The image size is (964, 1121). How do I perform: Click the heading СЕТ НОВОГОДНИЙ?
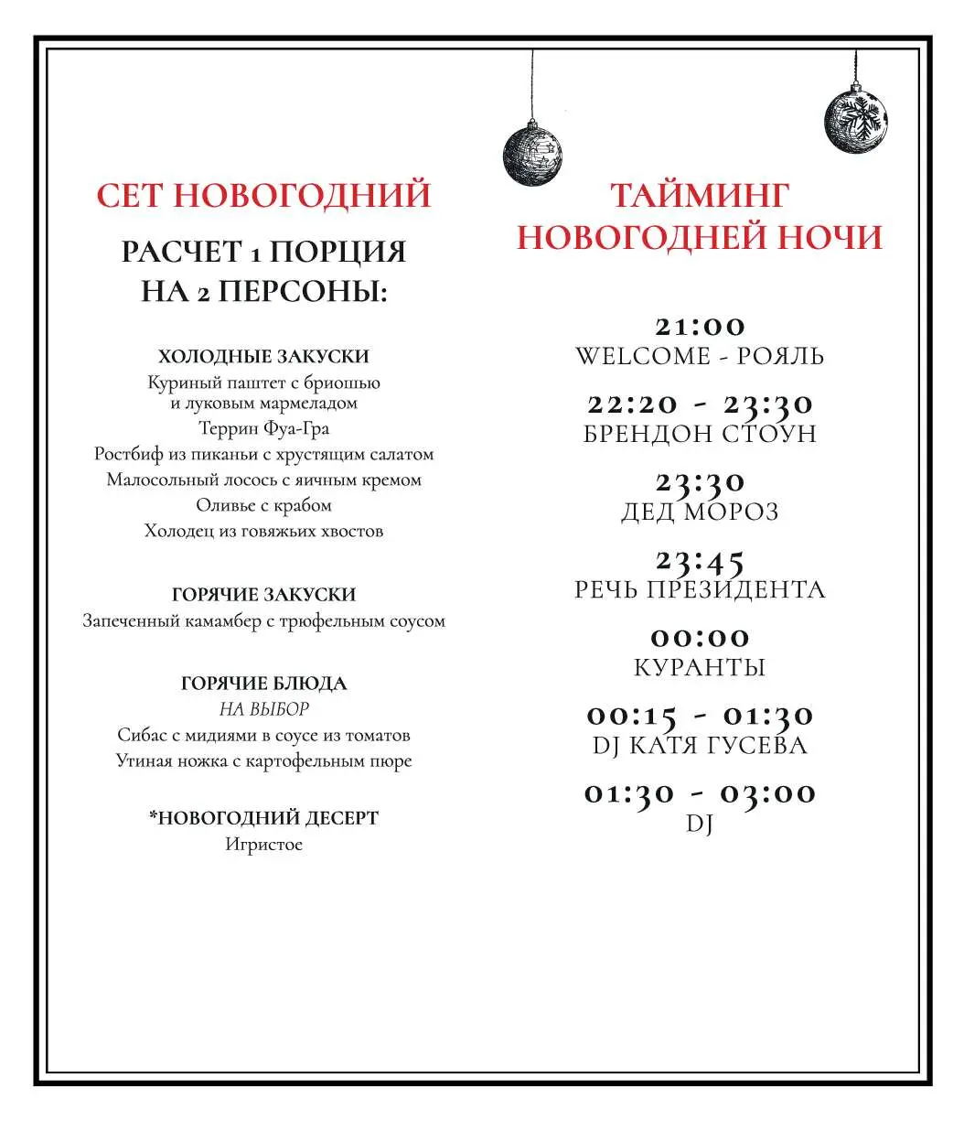(263, 196)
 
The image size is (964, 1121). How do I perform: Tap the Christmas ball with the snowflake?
(856, 121)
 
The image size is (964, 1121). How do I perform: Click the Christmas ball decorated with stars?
(532, 153)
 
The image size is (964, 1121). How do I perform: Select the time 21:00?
(700, 327)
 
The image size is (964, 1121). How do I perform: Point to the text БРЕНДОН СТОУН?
(700, 434)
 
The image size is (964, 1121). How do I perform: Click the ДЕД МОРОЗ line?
(700, 512)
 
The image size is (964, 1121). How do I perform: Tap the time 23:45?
(700, 560)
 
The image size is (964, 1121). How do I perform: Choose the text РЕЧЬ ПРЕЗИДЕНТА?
(700, 589)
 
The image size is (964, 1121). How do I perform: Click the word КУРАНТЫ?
(700, 667)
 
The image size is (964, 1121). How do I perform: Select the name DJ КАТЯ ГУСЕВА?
(700, 745)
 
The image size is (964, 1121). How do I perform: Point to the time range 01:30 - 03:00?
(700, 793)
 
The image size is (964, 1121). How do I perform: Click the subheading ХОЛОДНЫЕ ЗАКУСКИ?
(263, 357)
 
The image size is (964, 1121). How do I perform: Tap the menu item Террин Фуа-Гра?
(263, 428)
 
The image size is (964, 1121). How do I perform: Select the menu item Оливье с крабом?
(263, 505)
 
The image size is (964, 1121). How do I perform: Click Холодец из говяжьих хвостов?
(263, 531)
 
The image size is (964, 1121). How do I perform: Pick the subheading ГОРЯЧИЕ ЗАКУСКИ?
(263, 595)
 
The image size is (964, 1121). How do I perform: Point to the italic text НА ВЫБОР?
(263, 709)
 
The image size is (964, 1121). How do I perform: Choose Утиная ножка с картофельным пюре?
(263, 761)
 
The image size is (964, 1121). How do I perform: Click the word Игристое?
(263, 845)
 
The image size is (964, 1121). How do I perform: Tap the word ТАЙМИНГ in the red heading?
(700, 196)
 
